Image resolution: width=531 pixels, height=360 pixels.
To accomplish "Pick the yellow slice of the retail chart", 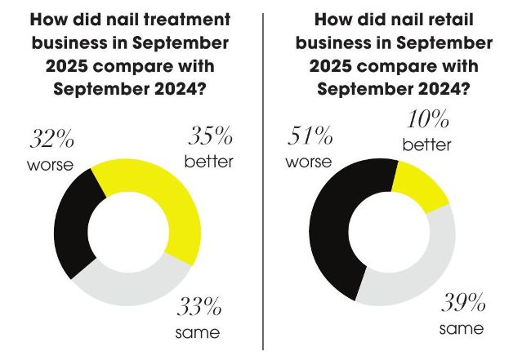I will (420, 184).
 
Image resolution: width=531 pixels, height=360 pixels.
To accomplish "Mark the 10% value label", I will (426, 122).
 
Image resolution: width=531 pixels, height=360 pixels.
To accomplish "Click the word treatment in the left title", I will (189, 18).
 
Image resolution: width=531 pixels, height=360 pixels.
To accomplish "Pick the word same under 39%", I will (462, 329).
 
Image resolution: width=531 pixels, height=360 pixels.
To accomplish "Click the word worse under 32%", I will (48, 167).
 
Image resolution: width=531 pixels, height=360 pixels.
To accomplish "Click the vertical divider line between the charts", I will (264, 180).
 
